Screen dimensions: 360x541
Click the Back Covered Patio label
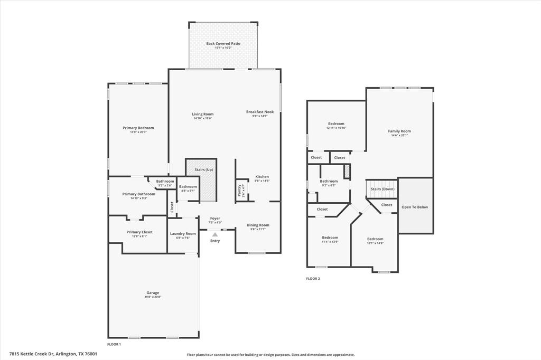coord(223,43)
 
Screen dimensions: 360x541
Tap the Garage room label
coord(153,292)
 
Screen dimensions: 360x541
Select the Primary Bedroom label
coord(138,128)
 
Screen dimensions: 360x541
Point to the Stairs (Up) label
coord(201,169)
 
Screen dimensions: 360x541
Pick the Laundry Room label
coord(182,233)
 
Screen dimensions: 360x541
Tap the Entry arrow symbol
coord(215,234)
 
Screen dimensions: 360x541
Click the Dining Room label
coord(258,225)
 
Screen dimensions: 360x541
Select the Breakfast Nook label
coord(260,112)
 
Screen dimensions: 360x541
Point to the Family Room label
coord(399,131)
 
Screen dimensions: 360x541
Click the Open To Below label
coord(415,207)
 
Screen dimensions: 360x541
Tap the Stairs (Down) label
coord(381,188)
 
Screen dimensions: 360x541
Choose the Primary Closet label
coord(139,232)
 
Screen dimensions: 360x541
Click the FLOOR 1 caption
coord(114,344)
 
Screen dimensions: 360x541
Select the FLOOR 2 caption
coord(313,278)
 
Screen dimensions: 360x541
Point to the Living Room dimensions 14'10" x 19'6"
coord(202,118)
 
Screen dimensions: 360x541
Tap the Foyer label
coord(215,218)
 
